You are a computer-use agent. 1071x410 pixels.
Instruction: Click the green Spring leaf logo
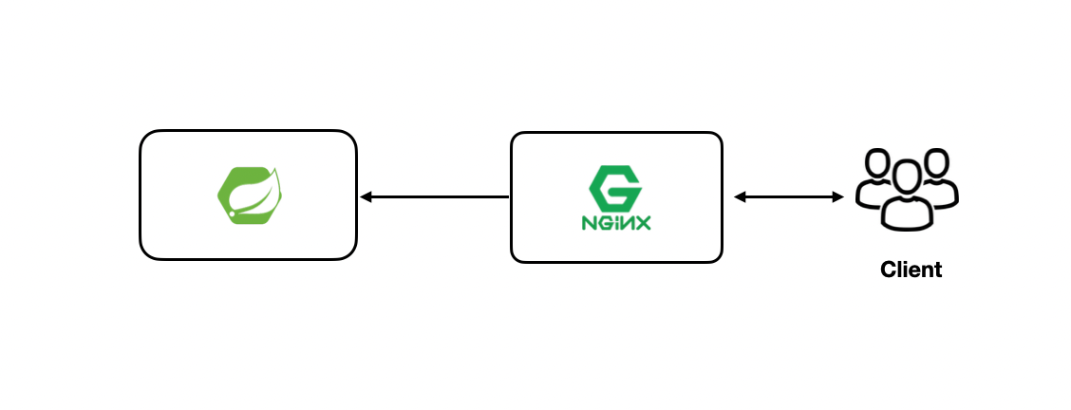pos(249,194)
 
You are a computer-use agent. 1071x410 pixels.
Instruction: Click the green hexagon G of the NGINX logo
pos(616,187)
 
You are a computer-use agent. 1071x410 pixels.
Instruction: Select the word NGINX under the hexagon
pos(616,225)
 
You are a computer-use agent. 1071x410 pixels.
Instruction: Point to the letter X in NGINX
pos(647,225)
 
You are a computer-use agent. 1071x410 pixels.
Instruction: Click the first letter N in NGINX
pos(588,225)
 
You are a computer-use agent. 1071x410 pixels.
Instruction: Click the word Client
pos(911,270)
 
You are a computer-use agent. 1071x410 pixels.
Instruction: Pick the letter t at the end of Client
pos(937,270)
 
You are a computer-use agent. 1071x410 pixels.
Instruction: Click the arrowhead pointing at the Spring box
pos(366,197)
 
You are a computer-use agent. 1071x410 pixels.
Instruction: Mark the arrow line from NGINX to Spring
pos(437,197)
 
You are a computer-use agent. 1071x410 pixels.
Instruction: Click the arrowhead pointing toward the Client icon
pos(838,197)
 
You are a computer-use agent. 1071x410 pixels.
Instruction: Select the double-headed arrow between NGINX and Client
pos(789,197)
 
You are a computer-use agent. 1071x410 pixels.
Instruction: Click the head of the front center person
pos(908,177)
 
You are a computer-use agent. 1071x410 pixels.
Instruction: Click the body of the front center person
pos(908,213)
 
